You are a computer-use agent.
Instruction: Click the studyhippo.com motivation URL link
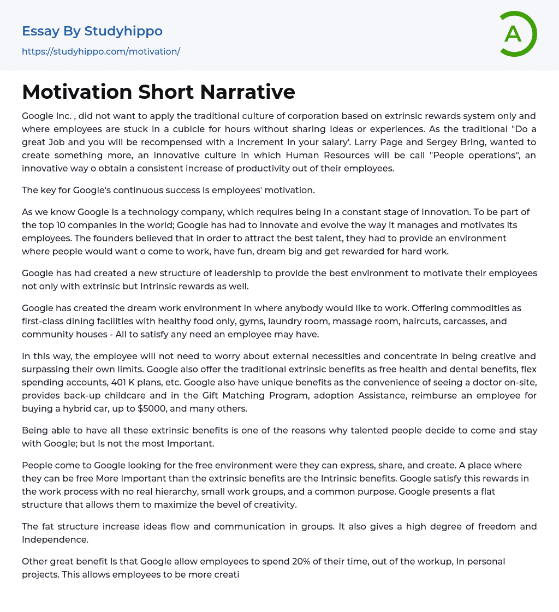pyautogui.click(x=101, y=51)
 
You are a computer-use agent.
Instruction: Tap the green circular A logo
pyautogui.click(x=516, y=34)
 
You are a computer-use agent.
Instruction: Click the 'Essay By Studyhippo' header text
pyautogui.click(x=92, y=31)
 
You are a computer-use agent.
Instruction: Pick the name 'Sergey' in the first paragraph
pyautogui.click(x=441, y=142)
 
